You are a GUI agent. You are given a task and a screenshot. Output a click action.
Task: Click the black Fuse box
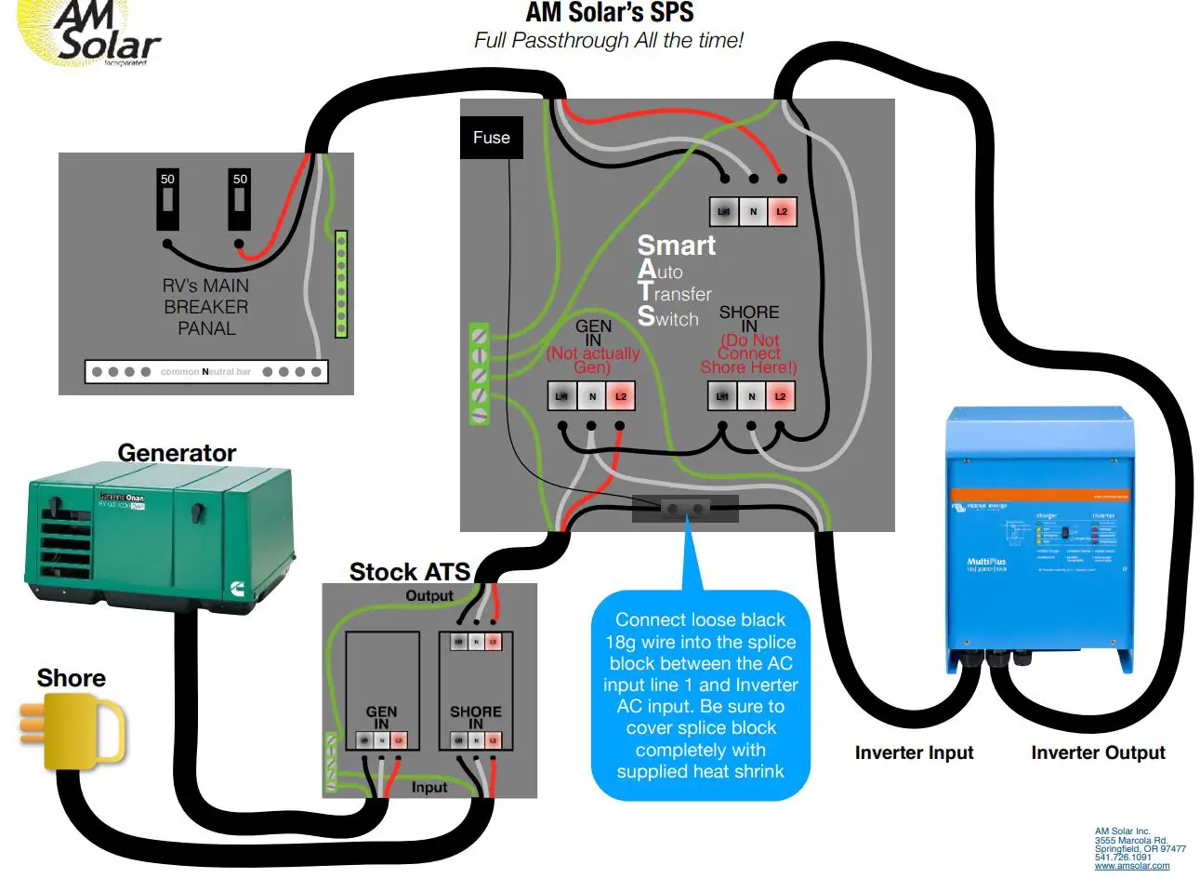click(491, 138)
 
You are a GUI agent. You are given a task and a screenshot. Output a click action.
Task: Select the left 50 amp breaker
click(167, 199)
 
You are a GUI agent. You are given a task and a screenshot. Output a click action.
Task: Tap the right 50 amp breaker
click(240, 199)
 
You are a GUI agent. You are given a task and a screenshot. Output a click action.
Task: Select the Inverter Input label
click(914, 752)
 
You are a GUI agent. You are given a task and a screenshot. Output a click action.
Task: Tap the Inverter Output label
click(1097, 752)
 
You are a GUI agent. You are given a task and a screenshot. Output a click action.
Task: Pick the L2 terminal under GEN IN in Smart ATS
click(621, 397)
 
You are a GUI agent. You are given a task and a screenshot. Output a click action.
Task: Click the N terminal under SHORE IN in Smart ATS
click(752, 397)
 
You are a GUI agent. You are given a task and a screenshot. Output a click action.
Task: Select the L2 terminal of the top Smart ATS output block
click(782, 212)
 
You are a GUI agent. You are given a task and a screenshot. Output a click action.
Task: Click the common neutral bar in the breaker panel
click(205, 372)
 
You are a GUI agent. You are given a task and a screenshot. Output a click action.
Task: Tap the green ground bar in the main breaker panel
click(341, 284)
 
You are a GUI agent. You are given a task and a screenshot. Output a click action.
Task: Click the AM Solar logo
click(93, 34)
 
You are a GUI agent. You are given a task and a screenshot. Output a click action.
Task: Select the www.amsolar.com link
click(1131, 866)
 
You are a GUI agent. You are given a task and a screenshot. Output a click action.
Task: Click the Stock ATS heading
click(409, 571)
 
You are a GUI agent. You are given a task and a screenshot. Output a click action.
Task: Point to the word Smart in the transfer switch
click(676, 246)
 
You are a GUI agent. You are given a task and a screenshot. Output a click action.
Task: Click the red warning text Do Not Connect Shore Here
click(748, 354)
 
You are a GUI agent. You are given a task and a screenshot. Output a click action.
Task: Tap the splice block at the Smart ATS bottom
click(685, 509)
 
